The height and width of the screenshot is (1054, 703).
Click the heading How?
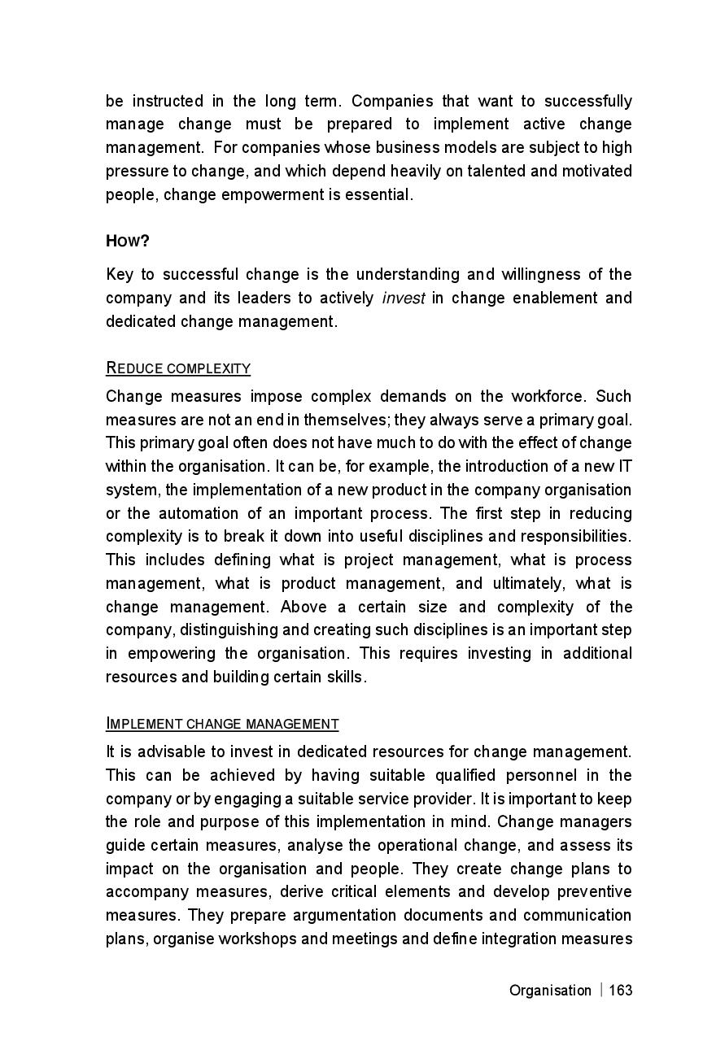coord(128,242)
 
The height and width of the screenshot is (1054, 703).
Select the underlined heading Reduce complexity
coord(178,368)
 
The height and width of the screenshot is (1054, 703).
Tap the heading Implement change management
coord(222,724)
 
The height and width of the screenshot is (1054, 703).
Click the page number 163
coord(620,990)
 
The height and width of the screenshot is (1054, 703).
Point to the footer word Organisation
coord(550,990)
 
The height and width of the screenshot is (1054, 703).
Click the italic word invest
coord(404,298)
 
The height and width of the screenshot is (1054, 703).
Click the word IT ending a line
coord(625,467)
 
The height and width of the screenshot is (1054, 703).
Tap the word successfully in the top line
coord(587,102)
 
